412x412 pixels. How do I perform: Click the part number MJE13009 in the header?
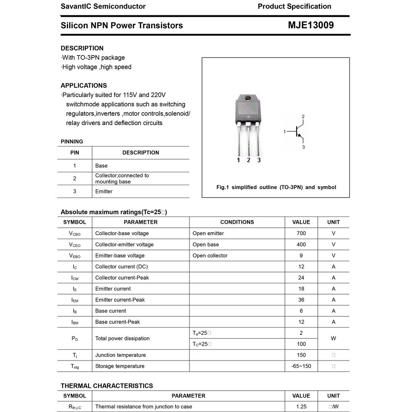click(311, 25)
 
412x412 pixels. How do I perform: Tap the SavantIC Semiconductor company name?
click(103, 6)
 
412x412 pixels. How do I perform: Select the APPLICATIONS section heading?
click(84, 85)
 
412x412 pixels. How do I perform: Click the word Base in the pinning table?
click(101, 166)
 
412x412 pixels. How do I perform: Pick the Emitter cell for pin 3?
click(104, 192)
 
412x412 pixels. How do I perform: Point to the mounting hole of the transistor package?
click(248, 98)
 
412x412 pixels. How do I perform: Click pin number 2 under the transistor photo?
click(249, 160)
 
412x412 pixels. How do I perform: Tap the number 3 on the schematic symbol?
click(303, 147)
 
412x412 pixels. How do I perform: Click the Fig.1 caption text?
click(276, 187)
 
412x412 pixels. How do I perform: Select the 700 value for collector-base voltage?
click(301, 233)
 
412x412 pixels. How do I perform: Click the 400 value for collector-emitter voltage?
click(301, 245)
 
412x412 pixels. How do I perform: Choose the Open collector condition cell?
click(210, 255)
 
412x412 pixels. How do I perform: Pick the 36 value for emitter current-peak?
click(301, 300)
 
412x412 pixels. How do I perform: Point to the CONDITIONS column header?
click(237, 222)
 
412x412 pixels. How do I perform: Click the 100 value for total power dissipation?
click(301, 344)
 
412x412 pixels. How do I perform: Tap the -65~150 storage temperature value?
click(301, 366)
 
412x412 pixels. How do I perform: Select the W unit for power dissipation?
click(333, 338)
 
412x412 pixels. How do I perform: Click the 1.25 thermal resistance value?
click(301, 407)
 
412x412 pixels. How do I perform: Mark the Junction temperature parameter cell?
click(120, 355)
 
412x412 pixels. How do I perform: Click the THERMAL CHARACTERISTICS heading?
click(107, 386)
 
